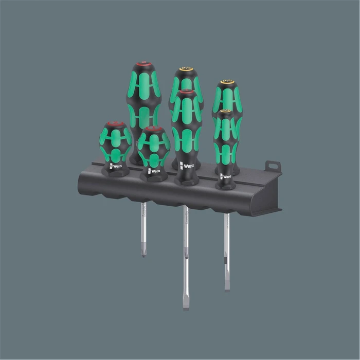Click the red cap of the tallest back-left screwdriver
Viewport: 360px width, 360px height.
tap(144, 65)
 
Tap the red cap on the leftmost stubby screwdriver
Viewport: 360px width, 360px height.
tap(115, 124)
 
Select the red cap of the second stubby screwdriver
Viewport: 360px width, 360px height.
tap(153, 129)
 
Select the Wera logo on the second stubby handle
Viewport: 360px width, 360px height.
tap(153, 171)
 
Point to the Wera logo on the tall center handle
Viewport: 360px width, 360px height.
tap(187, 166)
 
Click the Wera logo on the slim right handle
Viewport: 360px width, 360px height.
tap(225, 176)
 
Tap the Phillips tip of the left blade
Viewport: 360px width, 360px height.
tap(144, 253)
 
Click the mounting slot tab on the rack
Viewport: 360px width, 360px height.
tap(273, 167)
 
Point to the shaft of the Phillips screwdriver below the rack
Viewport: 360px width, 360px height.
tap(144, 226)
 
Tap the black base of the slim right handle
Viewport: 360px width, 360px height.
tap(225, 184)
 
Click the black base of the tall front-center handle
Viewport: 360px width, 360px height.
tap(186, 179)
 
